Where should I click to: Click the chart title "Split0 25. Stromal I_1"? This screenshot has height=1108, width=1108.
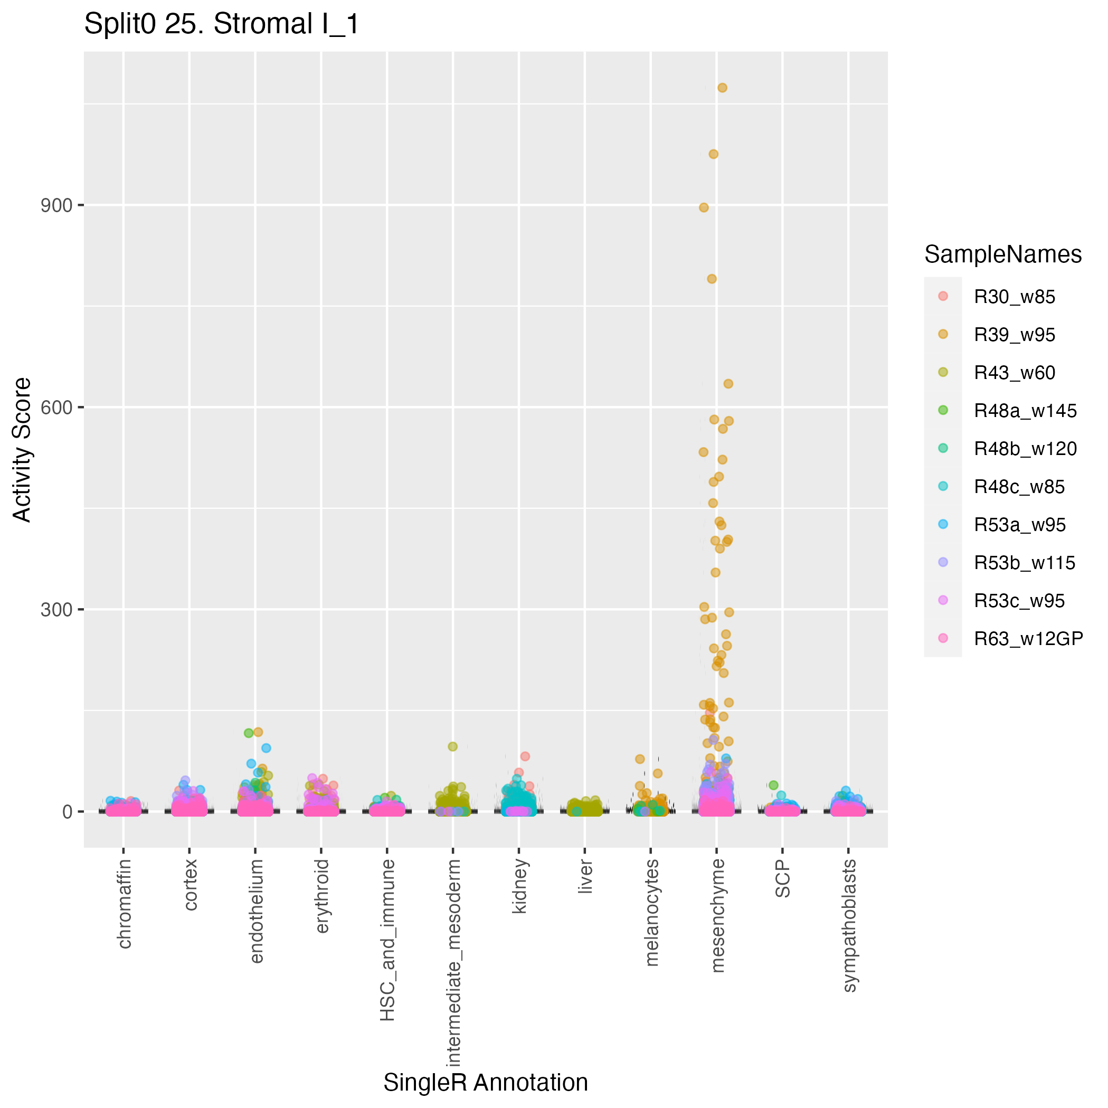[x=221, y=25]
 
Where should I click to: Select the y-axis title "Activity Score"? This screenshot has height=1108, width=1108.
[x=22, y=450]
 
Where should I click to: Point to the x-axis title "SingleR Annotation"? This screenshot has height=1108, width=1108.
[x=485, y=1083]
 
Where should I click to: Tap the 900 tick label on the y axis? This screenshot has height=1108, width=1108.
[x=56, y=205]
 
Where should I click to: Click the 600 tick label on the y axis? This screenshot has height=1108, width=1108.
[x=56, y=407]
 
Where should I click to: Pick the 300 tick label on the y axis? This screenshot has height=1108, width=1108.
[x=56, y=609]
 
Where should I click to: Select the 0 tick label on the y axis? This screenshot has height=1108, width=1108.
[x=68, y=811]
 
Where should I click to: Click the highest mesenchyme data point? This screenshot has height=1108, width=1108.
[x=723, y=88]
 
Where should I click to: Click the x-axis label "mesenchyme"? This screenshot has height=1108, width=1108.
[x=717, y=915]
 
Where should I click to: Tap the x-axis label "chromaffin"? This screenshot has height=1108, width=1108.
[x=125, y=903]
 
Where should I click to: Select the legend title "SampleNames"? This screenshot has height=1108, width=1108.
[x=1002, y=254]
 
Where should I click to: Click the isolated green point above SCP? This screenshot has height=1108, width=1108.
[x=773, y=785]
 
